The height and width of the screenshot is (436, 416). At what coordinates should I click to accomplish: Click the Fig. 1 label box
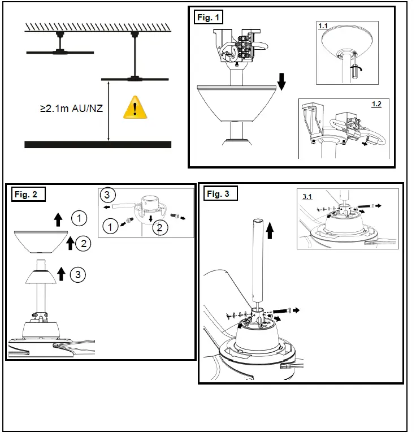pos(209,18)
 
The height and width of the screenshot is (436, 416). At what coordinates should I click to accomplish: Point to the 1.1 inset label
pos(323,26)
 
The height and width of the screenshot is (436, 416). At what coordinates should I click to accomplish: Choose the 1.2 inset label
pos(376,104)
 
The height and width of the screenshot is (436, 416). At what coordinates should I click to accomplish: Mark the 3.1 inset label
pos(307,196)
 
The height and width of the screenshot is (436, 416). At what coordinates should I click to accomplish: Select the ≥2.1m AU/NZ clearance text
pos(71,108)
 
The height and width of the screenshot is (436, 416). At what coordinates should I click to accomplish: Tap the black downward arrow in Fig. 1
pos(282,84)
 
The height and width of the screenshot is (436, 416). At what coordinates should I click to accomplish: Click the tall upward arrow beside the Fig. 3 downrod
pos(270,230)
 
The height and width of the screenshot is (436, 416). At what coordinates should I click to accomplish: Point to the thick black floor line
pos(98,144)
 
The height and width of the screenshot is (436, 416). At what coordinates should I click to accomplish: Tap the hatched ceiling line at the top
pos(97,27)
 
